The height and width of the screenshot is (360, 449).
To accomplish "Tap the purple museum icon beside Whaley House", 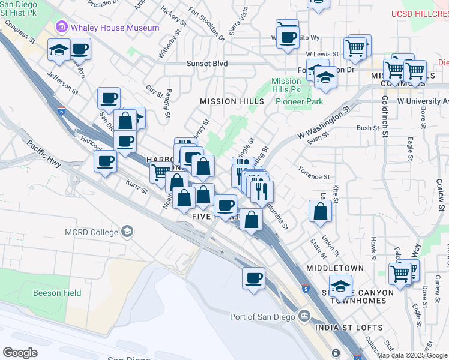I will click(x=61, y=27).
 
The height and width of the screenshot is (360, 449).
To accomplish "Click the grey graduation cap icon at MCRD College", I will click(x=127, y=231).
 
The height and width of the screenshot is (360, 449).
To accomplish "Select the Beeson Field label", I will click(x=56, y=293).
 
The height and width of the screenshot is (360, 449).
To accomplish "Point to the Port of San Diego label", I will click(x=262, y=317).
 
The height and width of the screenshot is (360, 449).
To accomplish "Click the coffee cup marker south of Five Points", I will click(x=253, y=278).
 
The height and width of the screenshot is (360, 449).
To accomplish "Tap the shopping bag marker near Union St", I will click(x=321, y=211).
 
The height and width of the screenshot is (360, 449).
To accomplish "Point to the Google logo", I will click(x=20, y=352).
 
